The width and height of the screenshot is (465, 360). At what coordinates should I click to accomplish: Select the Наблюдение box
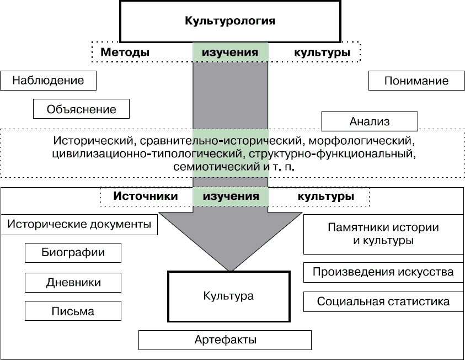pos(49,81)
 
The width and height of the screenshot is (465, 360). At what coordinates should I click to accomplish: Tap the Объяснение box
pos(81,109)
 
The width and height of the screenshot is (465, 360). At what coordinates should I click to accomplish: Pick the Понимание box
pos(416,81)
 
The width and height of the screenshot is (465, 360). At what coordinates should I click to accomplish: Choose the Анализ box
pos(369,121)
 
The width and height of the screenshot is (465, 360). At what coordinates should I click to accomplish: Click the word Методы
pos(125,53)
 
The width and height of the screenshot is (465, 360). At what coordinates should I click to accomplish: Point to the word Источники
pos(146,197)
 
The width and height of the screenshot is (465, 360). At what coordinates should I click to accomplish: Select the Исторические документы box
pos(79,225)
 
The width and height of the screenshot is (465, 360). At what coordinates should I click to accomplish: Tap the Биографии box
pos(73,253)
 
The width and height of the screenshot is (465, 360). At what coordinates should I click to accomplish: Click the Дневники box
pos(73,282)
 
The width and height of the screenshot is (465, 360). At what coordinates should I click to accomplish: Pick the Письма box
pos(73,311)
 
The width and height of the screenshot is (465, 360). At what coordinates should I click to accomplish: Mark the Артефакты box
pos(225,340)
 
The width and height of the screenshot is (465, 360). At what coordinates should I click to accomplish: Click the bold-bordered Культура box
pos(228,296)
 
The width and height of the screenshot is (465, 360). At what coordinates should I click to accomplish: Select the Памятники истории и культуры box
pos(383,234)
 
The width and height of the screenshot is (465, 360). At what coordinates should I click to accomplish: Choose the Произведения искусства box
pos(383,272)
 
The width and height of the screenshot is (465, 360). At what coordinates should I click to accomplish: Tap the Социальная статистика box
pos(383,301)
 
